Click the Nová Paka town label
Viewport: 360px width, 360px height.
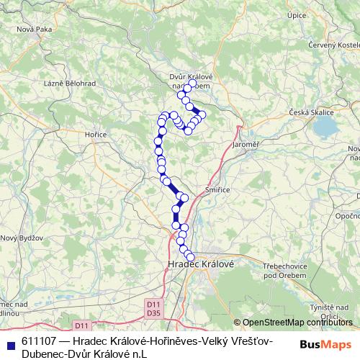click(x=35, y=29)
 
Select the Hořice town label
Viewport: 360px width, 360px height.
click(x=97, y=134)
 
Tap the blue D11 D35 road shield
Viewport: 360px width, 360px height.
click(x=153, y=308)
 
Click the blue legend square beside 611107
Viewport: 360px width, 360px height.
click(x=10, y=342)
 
